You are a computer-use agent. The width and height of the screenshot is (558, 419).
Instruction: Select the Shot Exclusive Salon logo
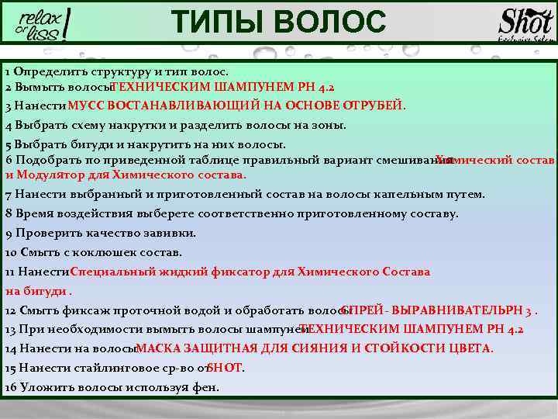tap(526, 24)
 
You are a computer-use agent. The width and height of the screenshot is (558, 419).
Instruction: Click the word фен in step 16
tap(207, 387)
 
